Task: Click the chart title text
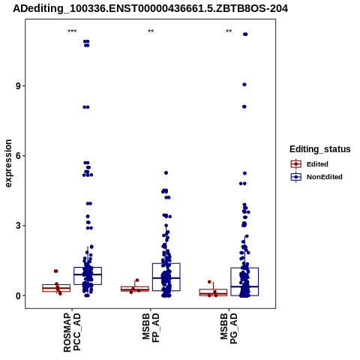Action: coord(151,9)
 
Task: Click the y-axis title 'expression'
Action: coord(8,163)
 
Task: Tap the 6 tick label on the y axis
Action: coord(19,156)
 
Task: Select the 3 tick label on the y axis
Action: coord(19,226)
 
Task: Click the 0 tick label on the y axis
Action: coord(19,295)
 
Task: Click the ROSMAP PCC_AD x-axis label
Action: coord(72,332)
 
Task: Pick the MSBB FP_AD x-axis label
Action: coord(151,327)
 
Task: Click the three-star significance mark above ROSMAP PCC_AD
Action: coord(72,31)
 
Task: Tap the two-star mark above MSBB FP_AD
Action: coord(151,31)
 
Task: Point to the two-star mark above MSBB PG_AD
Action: coord(229,31)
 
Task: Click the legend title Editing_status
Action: coord(320,149)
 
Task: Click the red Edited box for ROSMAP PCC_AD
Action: coord(56,288)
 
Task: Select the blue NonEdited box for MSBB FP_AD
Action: coord(166,277)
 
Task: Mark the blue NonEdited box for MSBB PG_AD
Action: coord(244,282)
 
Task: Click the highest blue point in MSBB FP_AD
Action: coord(166,172)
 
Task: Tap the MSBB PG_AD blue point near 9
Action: coord(244,85)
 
